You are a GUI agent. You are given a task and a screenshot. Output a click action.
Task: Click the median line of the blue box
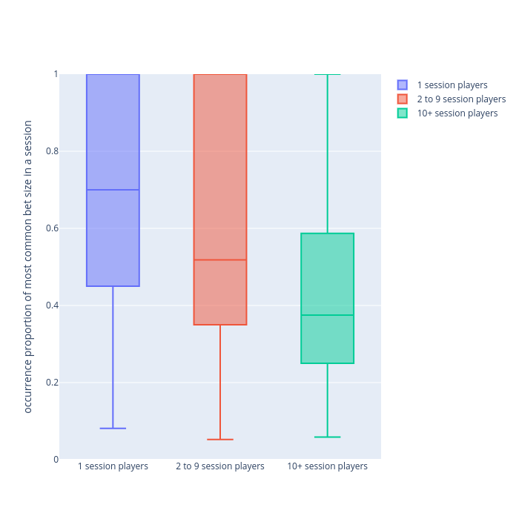pyautogui.click(x=113, y=190)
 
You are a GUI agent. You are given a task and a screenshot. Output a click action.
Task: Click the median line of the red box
pyautogui.click(x=220, y=259)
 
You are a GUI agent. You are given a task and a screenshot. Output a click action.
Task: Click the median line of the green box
pyautogui.click(x=327, y=315)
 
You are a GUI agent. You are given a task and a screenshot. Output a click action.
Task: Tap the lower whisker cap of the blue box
pyautogui.click(x=113, y=429)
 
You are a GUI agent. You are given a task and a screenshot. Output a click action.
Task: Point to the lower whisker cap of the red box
pyautogui.click(x=220, y=440)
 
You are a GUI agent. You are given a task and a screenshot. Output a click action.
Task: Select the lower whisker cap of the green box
pyautogui.click(x=327, y=437)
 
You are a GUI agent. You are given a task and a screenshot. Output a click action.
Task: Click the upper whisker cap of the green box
pyautogui.click(x=327, y=75)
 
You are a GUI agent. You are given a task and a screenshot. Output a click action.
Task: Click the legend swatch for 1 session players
pyautogui.click(x=403, y=85)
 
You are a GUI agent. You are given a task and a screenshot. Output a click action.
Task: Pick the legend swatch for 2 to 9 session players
pyautogui.click(x=403, y=99)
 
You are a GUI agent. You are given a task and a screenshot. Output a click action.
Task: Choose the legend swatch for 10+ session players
pyautogui.click(x=403, y=113)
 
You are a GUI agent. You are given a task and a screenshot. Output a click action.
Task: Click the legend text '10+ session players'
pyautogui.click(x=457, y=113)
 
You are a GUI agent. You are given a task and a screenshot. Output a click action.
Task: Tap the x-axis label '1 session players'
pyautogui.click(x=113, y=466)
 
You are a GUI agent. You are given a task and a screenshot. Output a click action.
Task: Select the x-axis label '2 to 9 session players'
pyautogui.click(x=220, y=466)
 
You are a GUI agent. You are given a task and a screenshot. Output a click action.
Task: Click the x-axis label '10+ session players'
pyautogui.click(x=327, y=466)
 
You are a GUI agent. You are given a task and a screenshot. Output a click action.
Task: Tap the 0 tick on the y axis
pyautogui.click(x=55, y=460)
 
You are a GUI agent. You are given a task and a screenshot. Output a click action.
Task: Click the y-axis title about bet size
pyautogui.click(x=28, y=267)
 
